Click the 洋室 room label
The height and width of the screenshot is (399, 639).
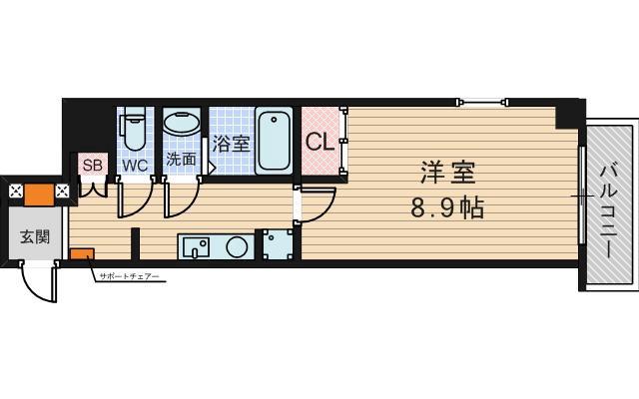[446, 172]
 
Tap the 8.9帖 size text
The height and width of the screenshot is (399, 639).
[446, 209]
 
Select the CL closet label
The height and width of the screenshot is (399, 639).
[319, 142]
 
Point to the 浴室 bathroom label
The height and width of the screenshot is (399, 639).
[232, 142]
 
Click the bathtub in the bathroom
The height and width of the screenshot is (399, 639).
[273, 141]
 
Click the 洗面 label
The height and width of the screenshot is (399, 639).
[181, 160]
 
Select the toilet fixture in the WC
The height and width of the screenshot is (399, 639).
[134, 130]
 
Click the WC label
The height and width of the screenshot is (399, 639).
[135, 166]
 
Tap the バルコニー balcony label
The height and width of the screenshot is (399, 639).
[609, 211]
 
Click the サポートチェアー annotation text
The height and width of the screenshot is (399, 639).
[129, 276]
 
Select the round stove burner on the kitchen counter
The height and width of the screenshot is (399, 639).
[236, 246]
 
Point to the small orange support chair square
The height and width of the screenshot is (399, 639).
[81, 256]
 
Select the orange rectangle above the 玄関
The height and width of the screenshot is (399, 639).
[39, 192]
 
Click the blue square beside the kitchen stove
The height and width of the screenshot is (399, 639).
[277, 244]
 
